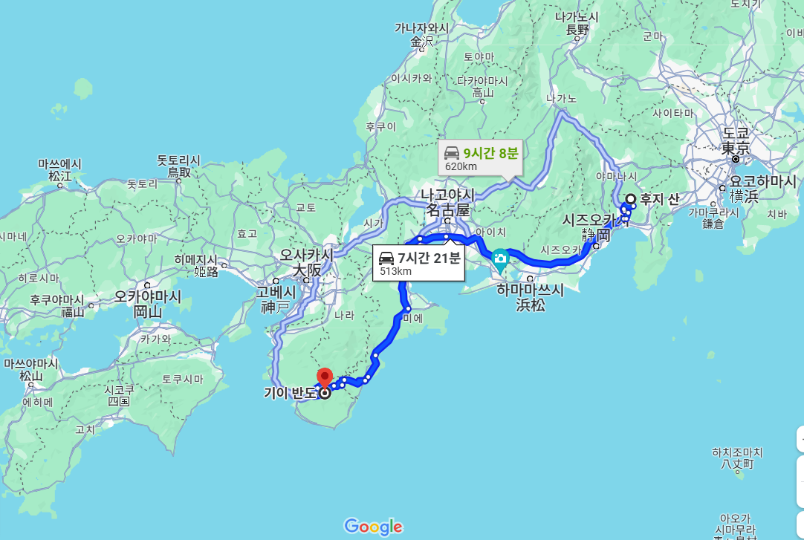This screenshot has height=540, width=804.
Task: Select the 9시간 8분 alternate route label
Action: click(x=490, y=153)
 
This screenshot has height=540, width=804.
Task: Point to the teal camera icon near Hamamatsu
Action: click(x=500, y=258)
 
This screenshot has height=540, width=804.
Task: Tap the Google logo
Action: click(x=373, y=527)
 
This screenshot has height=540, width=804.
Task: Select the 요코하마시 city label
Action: click(x=762, y=181)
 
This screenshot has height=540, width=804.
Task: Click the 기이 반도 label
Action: click(x=291, y=393)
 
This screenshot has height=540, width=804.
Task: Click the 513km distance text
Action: click(x=395, y=271)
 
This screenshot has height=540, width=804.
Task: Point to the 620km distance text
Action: click(x=461, y=166)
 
